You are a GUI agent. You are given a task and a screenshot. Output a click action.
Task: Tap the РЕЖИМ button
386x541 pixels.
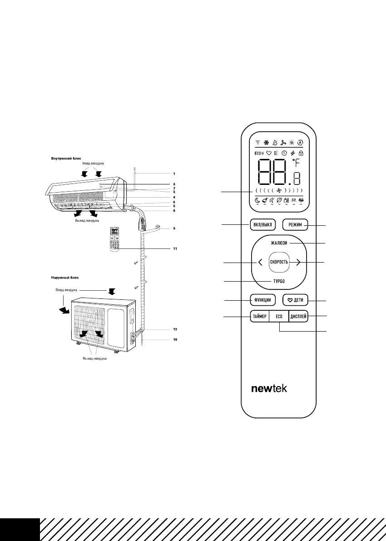[x=295, y=224]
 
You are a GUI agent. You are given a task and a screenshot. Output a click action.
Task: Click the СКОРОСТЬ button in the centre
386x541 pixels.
[x=279, y=262]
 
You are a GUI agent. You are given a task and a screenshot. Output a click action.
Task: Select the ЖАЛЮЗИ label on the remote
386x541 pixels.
[x=279, y=243]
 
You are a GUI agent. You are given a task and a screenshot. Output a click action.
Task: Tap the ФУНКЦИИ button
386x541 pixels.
[x=263, y=300]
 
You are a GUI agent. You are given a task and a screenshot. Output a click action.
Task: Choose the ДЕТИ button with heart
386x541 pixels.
[x=296, y=300]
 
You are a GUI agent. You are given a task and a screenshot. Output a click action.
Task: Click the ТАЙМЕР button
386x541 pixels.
[x=259, y=317]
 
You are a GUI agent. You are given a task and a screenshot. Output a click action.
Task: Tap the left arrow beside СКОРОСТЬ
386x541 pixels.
[x=260, y=262]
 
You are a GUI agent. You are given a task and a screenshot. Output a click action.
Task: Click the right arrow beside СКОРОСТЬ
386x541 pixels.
[x=298, y=262]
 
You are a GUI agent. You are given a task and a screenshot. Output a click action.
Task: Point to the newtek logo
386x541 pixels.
[x=269, y=389]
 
